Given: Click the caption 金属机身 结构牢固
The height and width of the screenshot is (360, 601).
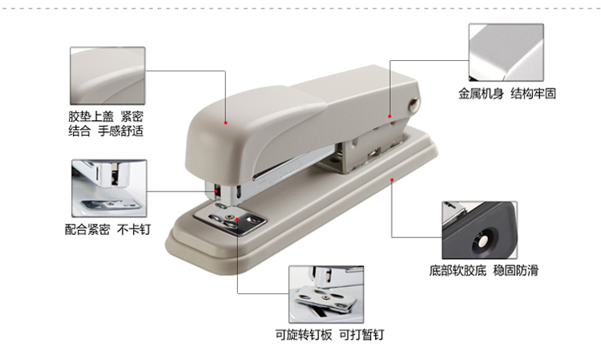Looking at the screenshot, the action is [507, 94].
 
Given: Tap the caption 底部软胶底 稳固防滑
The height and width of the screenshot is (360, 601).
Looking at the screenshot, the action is [484, 271].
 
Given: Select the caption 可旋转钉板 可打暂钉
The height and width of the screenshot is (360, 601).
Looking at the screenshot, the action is [329, 334].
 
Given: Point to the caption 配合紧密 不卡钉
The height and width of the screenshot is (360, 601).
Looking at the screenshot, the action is [107, 229].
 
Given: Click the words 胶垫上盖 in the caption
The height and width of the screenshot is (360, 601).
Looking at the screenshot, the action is [91, 116].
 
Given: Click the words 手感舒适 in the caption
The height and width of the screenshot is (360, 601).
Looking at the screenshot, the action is [120, 131].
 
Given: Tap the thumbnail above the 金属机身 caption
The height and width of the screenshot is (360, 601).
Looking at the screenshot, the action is [506, 53].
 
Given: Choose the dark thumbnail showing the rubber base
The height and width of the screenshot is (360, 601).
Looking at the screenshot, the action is [479, 230].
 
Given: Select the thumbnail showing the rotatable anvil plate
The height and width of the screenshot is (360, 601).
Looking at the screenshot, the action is [326, 294].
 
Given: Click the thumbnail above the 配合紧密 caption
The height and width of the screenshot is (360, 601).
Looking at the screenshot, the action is [109, 188].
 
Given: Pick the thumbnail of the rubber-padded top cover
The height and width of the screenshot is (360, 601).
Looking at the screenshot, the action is [107, 76].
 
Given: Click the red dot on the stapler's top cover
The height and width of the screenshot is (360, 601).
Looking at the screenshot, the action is [226, 123].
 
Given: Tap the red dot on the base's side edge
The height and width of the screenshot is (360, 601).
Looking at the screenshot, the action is [392, 180].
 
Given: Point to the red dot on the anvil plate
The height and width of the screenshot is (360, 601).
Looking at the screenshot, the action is [238, 220].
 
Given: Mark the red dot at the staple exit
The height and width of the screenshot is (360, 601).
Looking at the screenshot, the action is [217, 191].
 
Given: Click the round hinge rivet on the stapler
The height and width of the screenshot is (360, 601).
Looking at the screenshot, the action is [413, 104].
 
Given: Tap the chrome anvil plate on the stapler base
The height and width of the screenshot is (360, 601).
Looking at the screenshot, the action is [229, 220].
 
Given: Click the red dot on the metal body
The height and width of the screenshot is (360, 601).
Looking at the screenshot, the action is [389, 116].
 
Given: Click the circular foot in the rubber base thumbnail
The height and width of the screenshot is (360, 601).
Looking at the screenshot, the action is [482, 241].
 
